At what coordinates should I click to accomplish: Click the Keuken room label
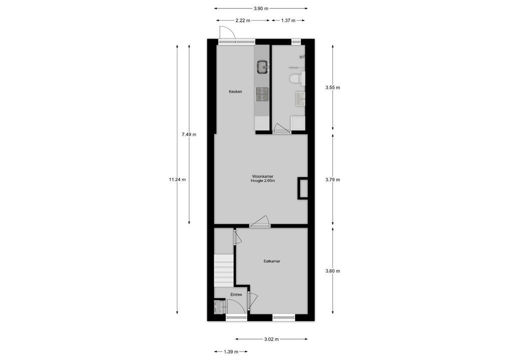pos(235,91)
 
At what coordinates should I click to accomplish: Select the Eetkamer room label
pos(272,261)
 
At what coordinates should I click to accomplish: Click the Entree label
pos(236,294)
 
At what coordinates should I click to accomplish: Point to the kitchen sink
pos(262,66)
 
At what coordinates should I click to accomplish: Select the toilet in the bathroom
pos(296,78)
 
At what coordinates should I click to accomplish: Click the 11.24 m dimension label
pos(177,180)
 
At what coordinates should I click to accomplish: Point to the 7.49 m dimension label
pos(189,134)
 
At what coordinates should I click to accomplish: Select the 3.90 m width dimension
pos(260,8)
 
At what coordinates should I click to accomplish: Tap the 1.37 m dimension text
pos(287,20)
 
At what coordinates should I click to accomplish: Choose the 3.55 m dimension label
pos(332,87)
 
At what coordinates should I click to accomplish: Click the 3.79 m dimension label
pos(332,179)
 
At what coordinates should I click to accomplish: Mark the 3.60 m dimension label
pos(332,271)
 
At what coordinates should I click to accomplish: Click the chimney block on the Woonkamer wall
pos(302,188)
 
